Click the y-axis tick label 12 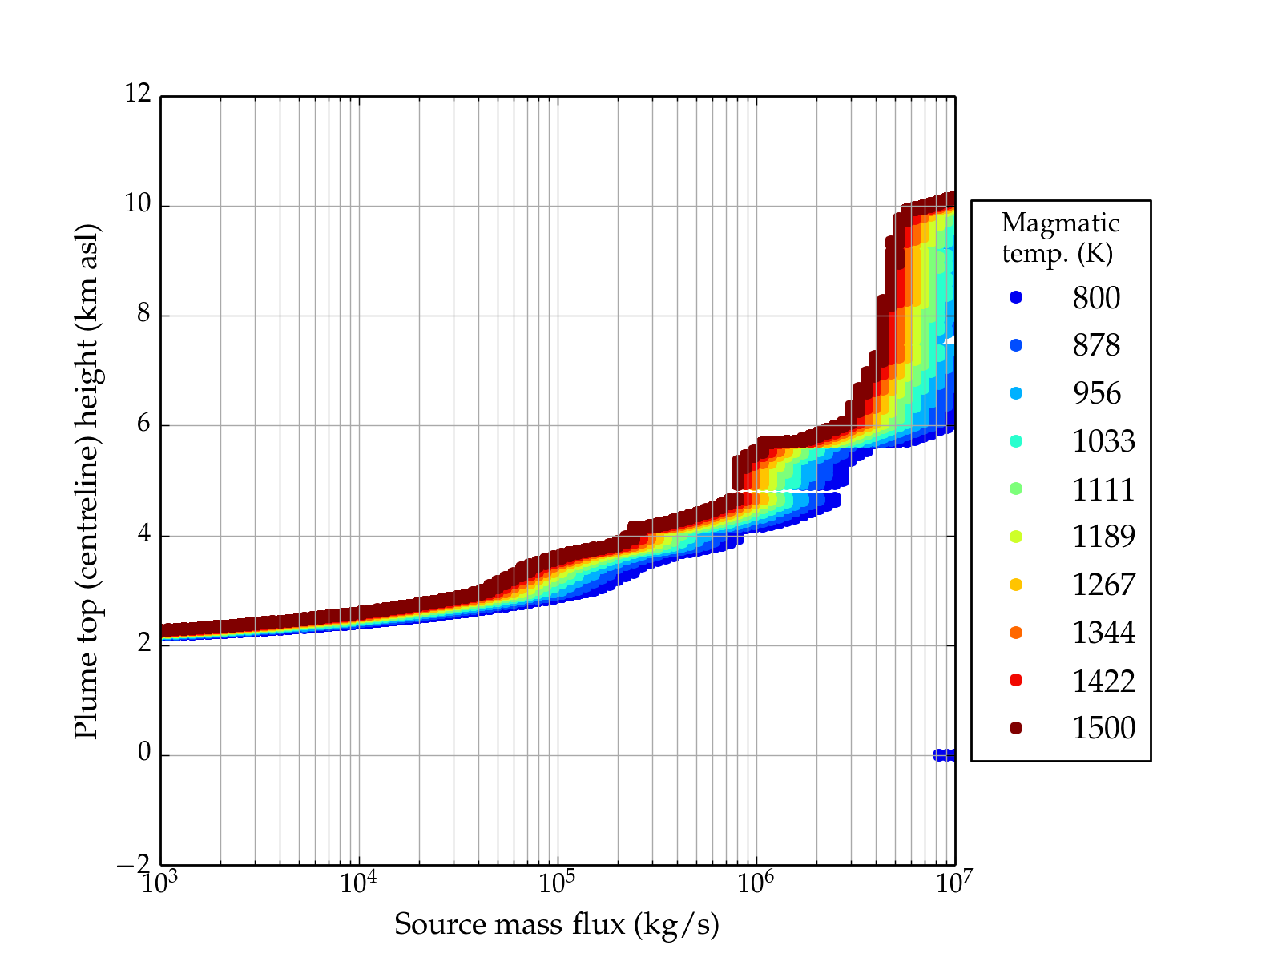tap(138, 94)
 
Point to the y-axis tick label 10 tap(138, 204)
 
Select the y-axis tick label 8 tap(143, 314)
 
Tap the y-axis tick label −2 tap(133, 865)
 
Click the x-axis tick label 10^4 tap(358, 883)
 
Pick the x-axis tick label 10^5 tap(557, 883)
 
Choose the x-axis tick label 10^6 tap(756, 883)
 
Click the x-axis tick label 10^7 tap(953, 883)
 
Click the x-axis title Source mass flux tap(556, 925)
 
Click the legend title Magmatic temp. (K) tap(1059, 238)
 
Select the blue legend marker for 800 tap(1016, 297)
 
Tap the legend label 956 tap(1096, 393)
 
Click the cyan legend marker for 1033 tap(1016, 441)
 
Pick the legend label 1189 tap(1103, 537)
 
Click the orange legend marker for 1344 tap(1016, 633)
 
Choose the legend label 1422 tap(1103, 681)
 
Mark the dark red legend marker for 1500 tap(1016, 728)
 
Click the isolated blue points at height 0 tap(945, 755)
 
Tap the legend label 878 tap(1096, 345)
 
